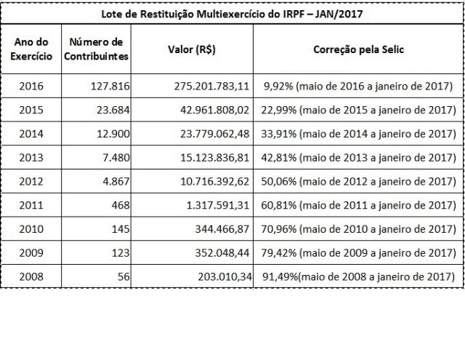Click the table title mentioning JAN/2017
pyautogui.click(x=232, y=14)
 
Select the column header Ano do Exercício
pyautogui.click(x=31, y=49)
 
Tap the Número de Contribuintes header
pyautogui.click(x=96, y=49)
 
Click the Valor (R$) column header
pyautogui.click(x=192, y=49)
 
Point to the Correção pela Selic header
pyautogui.click(x=358, y=49)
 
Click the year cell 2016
pyautogui.click(x=31, y=86)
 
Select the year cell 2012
pyautogui.click(x=31, y=181)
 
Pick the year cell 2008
pyautogui.click(x=31, y=276)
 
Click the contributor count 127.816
pyautogui.click(x=110, y=86)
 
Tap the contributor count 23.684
pyautogui.click(x=113, y=110)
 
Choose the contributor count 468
pyautogui.click(x=121, y=205)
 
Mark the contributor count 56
pyautogui.click(x=124, y=276)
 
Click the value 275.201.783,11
pyautogui.click(x=211, y=86)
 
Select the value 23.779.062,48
pyautogui.click(x=215, y=134)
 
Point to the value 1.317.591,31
pyautogui.click(x=218, y=205)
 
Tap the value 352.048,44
pyautogui.click(x=222, y=253)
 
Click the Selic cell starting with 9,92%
pyautogui.click(x=358, y=86)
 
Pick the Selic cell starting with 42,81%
pyautogui.click(x=358, y=158)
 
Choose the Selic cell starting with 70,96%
pyautogui.click(x=358, y=229)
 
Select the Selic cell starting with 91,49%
pyautogui.click(x=358, y=276)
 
